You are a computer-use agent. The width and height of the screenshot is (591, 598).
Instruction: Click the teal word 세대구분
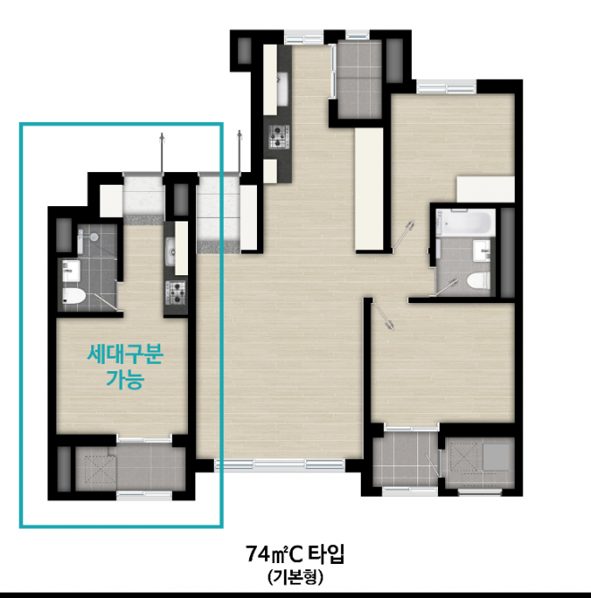(125, 355)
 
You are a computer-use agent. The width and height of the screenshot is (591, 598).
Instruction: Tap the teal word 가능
(125, 379)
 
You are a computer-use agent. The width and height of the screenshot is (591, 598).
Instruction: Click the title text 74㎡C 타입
(295, 554)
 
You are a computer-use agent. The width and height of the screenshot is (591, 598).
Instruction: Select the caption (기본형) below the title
(295, 577)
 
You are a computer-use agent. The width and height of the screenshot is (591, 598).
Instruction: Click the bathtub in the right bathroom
(466, 222)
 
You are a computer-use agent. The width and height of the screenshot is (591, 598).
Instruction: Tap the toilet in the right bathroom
(478, 282)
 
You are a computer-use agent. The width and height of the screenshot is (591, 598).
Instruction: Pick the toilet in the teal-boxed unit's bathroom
(73, 296)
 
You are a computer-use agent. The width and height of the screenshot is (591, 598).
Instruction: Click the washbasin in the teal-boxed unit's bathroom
(72, 271)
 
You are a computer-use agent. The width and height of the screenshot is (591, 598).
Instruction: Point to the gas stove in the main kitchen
(279, 136)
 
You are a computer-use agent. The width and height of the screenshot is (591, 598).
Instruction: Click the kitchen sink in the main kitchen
(282, 90)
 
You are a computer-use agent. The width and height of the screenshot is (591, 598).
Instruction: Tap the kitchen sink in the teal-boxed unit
(170, 251)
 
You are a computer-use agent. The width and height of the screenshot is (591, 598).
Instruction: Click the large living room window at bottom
(279, 464)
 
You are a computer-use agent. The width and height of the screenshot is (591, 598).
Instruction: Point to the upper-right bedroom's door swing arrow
(403, 234)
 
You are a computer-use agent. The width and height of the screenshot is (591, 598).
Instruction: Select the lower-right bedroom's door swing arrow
(382, 314)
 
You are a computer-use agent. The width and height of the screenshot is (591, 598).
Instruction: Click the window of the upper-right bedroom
(446, 87)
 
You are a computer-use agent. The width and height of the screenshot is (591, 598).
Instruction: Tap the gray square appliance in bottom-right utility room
(496, 456)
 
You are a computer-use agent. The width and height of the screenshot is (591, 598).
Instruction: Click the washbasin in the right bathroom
(482, 251)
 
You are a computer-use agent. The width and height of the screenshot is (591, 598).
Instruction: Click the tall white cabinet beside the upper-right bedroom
(369, 189)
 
